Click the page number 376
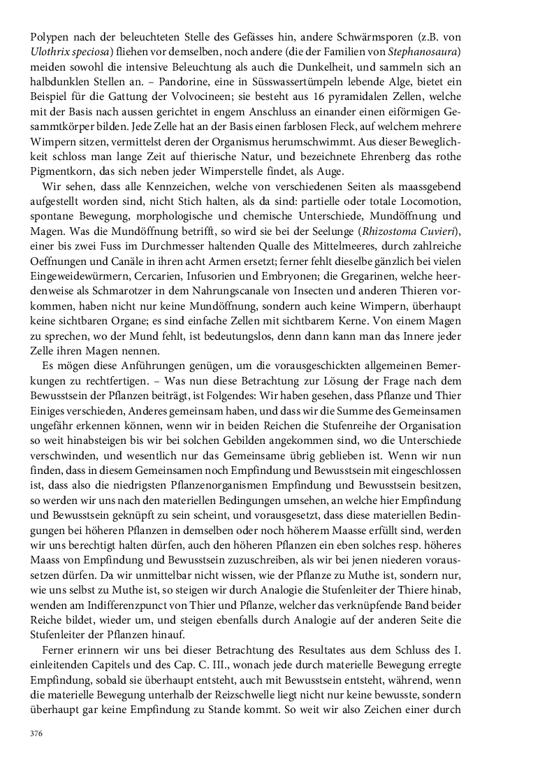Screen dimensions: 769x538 (x=36, y=733)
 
